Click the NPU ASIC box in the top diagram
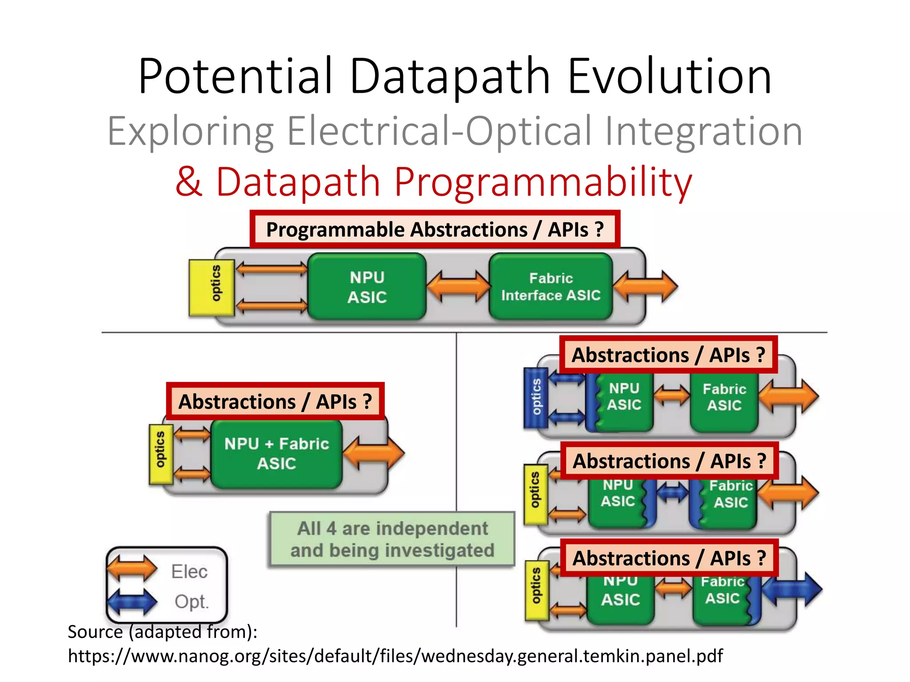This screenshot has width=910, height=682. pos(367,287)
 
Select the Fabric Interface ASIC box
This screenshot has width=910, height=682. pos(551,287)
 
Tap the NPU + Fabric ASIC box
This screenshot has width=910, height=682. pos(276,453)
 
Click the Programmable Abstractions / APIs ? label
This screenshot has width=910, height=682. pos(435,230)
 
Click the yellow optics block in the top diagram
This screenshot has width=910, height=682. pos(212,288)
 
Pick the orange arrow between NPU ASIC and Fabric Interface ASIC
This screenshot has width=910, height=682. pos(458,287)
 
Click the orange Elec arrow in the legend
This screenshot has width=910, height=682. pos(132,569)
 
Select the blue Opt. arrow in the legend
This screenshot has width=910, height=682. pos(132,601)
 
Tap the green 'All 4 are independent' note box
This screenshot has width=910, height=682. pos(392,539)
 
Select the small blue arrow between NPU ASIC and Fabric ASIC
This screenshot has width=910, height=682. pos(673,493)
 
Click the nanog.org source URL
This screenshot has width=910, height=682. pos(395,656)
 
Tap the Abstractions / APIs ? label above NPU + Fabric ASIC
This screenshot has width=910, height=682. pos(275,401)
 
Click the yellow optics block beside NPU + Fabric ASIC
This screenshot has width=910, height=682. pos(161,454)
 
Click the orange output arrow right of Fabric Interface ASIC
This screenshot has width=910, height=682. pos(646,287)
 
